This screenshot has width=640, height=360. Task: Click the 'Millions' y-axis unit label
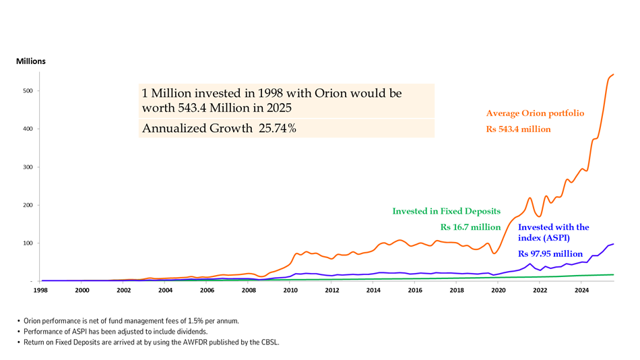(x=31, y=61)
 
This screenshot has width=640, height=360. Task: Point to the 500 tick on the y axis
(x=28, y=91)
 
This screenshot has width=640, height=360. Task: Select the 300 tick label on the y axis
(x=28, y=167)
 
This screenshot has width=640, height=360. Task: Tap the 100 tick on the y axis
(x=28, y=243)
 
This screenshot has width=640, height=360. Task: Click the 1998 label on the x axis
(x=40, y=291)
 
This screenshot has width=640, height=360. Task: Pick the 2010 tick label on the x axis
(x=290, y=291)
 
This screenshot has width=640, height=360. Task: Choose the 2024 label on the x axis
(x=582, y=291)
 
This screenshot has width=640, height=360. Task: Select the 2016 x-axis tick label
(x=415, y=291)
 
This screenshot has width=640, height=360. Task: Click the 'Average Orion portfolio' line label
(x=535, y=114)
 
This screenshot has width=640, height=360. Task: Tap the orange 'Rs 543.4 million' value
(x=519, y=129)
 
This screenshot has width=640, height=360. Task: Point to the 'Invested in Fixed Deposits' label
(x=447, y=211)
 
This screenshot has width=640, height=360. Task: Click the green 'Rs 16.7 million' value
(x=470, y=227)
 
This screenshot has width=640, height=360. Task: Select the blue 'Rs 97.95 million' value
(x=550, y=254)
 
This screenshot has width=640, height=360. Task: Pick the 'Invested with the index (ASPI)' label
(x=553, y=233)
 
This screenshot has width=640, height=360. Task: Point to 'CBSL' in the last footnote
(x=268, y=342)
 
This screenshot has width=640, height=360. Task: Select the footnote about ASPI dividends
(x=113, y=332)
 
